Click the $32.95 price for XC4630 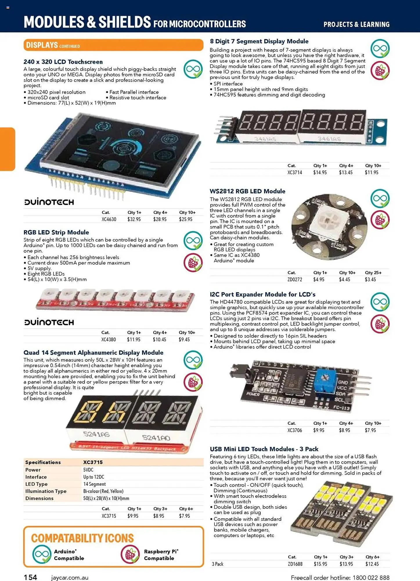(x=134, y=219)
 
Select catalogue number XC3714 (x=295, y=173)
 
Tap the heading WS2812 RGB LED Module (x=247, y=191)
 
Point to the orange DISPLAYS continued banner (x=113, y=45)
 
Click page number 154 (x=30, y=577)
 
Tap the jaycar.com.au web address (x=70, y=578)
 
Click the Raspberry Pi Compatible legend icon (x=130, y=555)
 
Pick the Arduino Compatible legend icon (x=42, y=555)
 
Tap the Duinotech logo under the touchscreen (x=49, y=202)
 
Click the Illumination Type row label (x=46, y=491)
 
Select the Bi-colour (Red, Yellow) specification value (x=103, y=491)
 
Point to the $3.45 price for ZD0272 (x=370, y=279)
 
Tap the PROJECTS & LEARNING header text (x=356, y=24)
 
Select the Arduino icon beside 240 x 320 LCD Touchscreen (x=193, y=69)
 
